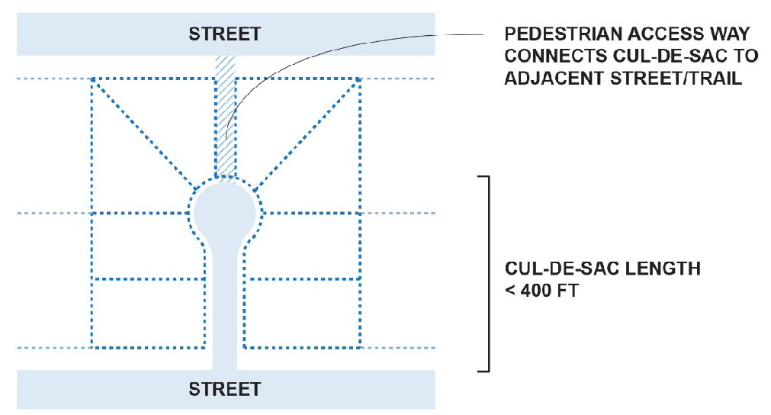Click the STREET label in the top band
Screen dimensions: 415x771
pos(225,34)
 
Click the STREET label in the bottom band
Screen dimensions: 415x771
pos(225,389)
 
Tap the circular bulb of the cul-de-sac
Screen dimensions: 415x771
pos(226,211)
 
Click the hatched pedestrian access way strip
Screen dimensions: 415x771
pos(225,114)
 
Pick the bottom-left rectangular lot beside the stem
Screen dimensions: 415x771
pos(149,313)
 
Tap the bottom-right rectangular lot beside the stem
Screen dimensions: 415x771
pos(301,313)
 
